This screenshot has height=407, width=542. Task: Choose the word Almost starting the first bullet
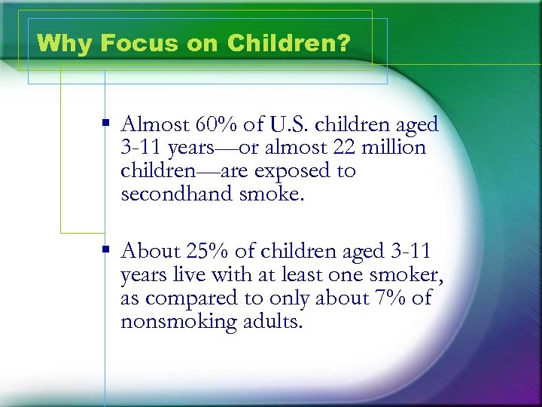point(154,124)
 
